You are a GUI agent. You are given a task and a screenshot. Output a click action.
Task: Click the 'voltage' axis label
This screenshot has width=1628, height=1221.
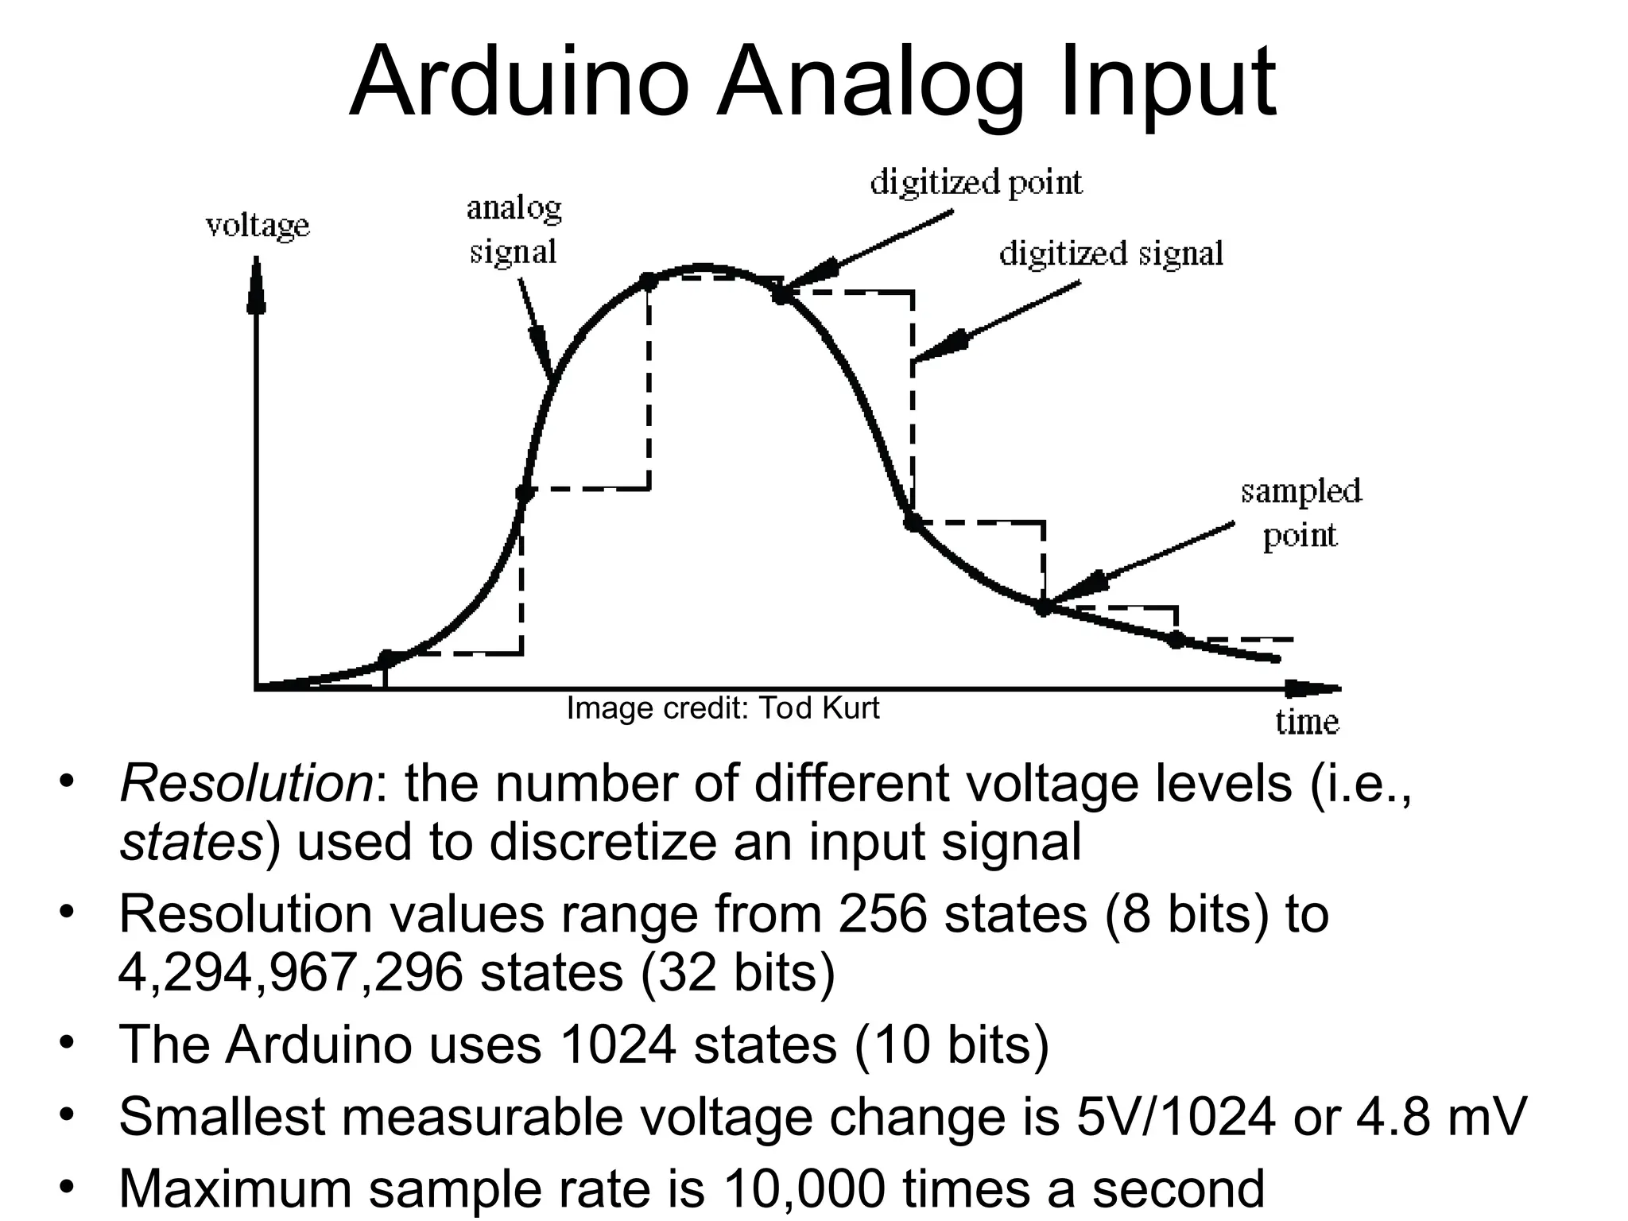pyautogui.click(x=258, y=226)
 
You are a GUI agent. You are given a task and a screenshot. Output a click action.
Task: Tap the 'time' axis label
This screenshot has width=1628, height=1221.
pyautogui.click(x=1307, y=722)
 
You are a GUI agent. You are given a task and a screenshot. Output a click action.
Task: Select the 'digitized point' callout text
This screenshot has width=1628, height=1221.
pyautogui.click(x=976, y=183)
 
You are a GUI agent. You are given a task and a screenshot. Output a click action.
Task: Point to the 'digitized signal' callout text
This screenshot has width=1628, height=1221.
pyautogui.click(x=1111, y=254)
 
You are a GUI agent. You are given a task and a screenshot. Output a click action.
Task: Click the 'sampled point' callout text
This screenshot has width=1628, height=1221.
pyautogui.click(x=1300, y=514)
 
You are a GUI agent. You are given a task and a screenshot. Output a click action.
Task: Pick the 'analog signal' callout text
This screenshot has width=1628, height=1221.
pyautogui.click(x=514, y=230)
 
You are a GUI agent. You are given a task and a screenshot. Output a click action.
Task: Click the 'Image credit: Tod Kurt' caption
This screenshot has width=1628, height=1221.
pyautogui.click(x=723, y=707)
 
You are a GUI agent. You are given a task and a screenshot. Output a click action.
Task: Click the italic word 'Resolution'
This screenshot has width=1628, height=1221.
pyautogui.click(x=246, y=783)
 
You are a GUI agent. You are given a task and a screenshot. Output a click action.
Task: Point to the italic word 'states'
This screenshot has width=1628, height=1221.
pyautogui.click(x=191, y=842)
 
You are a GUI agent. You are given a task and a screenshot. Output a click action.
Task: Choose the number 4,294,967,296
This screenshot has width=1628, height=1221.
pyautogui.click(x=291, y=972)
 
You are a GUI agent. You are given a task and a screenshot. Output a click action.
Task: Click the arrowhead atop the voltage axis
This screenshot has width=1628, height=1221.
pyautogui.click(x=257, y=286)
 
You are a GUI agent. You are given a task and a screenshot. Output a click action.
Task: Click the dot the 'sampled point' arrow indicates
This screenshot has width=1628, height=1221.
pyautogui.click(x=1044, y=607)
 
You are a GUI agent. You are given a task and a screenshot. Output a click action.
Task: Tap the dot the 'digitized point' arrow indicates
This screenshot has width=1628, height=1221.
pyautogui.click(x=781, y=294)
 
